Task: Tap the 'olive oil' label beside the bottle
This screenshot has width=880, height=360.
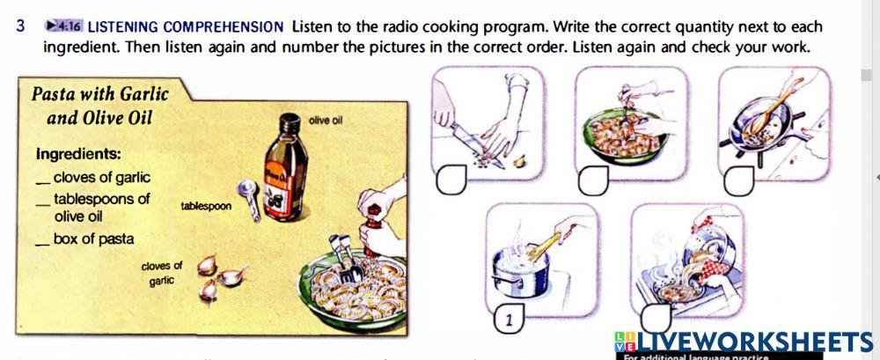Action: tap(326, 119)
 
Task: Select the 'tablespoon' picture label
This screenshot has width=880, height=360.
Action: tap(205, 206)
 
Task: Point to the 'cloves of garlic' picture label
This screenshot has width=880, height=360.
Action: tap(161, 272)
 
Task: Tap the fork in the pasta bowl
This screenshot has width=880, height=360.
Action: tap(346, 259)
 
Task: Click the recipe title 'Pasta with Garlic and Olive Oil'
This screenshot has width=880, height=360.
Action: tap(99, 105)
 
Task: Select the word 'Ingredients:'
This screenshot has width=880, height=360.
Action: tap(78, 153)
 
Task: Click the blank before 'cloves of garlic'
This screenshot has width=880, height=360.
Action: tap(42, 179)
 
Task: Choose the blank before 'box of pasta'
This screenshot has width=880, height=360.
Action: tap(42, 239)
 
